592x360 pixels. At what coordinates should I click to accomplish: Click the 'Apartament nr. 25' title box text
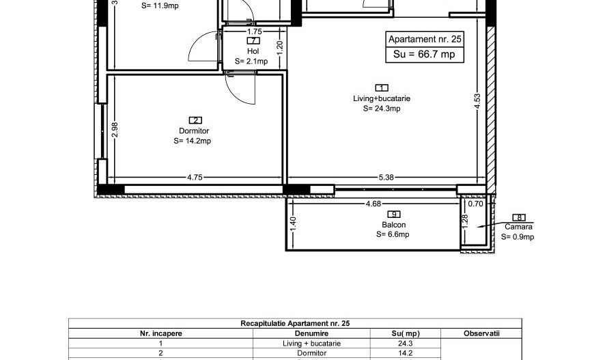425,40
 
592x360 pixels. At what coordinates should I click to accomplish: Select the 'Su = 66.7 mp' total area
424,55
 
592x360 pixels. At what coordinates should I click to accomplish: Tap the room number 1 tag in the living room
382,88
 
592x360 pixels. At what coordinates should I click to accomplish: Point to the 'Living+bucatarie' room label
382,98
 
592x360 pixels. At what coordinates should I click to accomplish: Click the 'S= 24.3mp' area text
382,109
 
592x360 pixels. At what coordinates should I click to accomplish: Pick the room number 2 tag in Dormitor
195,120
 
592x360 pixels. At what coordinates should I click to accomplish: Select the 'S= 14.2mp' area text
193,141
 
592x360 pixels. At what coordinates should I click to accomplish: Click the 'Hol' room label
253,51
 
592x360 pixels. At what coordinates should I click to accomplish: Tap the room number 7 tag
253,41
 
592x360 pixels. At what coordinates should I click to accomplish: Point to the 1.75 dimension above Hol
255,31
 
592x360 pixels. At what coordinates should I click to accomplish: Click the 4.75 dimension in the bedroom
195,177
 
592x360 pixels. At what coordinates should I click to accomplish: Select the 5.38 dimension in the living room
386,177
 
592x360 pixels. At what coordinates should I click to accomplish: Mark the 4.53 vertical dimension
477,101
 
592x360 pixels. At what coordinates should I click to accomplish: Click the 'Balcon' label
394,225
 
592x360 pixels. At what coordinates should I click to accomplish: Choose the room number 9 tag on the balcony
394,214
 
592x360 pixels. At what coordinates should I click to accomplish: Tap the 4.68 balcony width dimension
373,204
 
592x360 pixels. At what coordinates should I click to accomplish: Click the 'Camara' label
519,227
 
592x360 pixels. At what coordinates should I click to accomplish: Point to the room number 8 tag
519,218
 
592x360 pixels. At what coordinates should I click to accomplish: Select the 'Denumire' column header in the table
311,333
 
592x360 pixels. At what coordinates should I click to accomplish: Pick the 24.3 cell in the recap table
406,344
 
